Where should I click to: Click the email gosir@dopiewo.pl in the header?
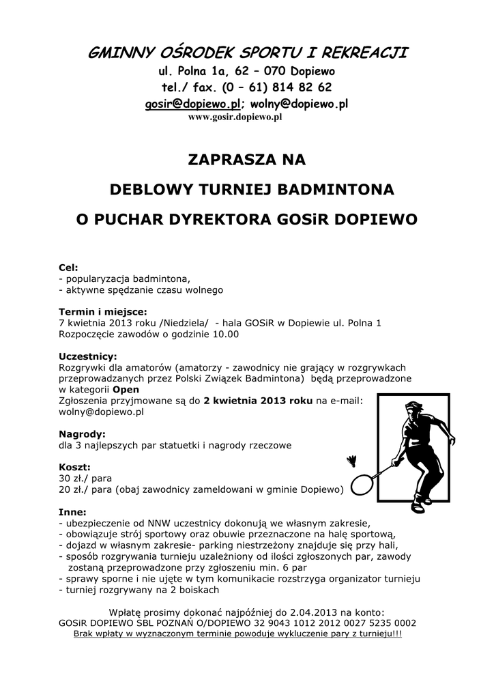point(192,104)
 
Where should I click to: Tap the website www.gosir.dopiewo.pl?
point(235,117)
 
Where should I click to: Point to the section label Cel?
point(68,268)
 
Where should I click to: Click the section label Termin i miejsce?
point(103,312)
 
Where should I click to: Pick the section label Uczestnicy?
point(88,356)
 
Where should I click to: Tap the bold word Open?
point(126,390)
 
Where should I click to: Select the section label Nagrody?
point(82,434)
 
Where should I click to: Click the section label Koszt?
point(74,467)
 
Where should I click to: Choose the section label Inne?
point(72,512)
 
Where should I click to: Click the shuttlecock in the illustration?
point(351,461)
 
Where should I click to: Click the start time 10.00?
point(224,334)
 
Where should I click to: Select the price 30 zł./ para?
point(86,479)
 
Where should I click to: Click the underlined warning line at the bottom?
point(237,633)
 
